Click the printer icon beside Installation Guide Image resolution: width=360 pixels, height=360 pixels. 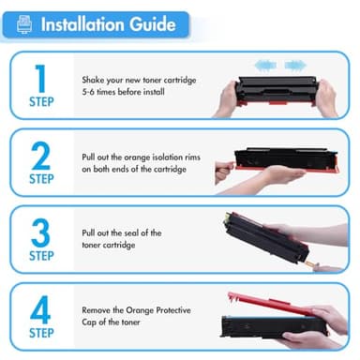pyautogui.click(x=24, y=24)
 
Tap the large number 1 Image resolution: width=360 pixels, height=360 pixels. pyautogui.click(x=40, y=78)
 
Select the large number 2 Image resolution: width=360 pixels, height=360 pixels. pyautogui.click(x=41, y=156)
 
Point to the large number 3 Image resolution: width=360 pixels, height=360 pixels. pyautogui.click(x=41, y=232)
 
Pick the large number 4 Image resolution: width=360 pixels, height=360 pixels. pyautogui.click(x=40, y=309)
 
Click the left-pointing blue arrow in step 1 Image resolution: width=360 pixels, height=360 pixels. pyautogui.click(x=265, y=66)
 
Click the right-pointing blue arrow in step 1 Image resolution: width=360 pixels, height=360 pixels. pyautogui.click(x=295, y=66)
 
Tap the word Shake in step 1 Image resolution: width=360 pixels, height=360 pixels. pyautogui.click(x=93, y=80)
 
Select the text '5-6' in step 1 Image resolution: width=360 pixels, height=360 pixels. pyautogui.click(x=88, y=92)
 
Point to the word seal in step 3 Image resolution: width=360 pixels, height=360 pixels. pyautogui.click(x=131, y=232)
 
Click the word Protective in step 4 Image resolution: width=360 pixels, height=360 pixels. pyautogui.click(x=173, y=310)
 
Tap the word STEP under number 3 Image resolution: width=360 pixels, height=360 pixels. pyautogui.click(x=41, y=256)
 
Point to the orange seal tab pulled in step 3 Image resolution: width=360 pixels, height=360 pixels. pyautogui.click(x=310, y=264)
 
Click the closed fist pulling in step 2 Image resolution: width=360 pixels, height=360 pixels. pyautogui.click(x=224, y=172)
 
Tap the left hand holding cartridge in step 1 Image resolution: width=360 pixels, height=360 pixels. pyautogui.click(x=226, y=98)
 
